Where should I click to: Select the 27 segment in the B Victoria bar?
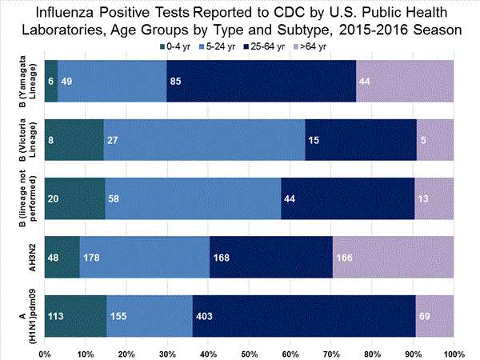point(204,139)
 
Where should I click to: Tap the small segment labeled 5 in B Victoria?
point(435,139)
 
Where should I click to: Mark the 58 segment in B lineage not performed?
point(193,198)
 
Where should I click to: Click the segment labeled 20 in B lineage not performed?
point(74,198)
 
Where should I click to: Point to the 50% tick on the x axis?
point(249,352)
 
